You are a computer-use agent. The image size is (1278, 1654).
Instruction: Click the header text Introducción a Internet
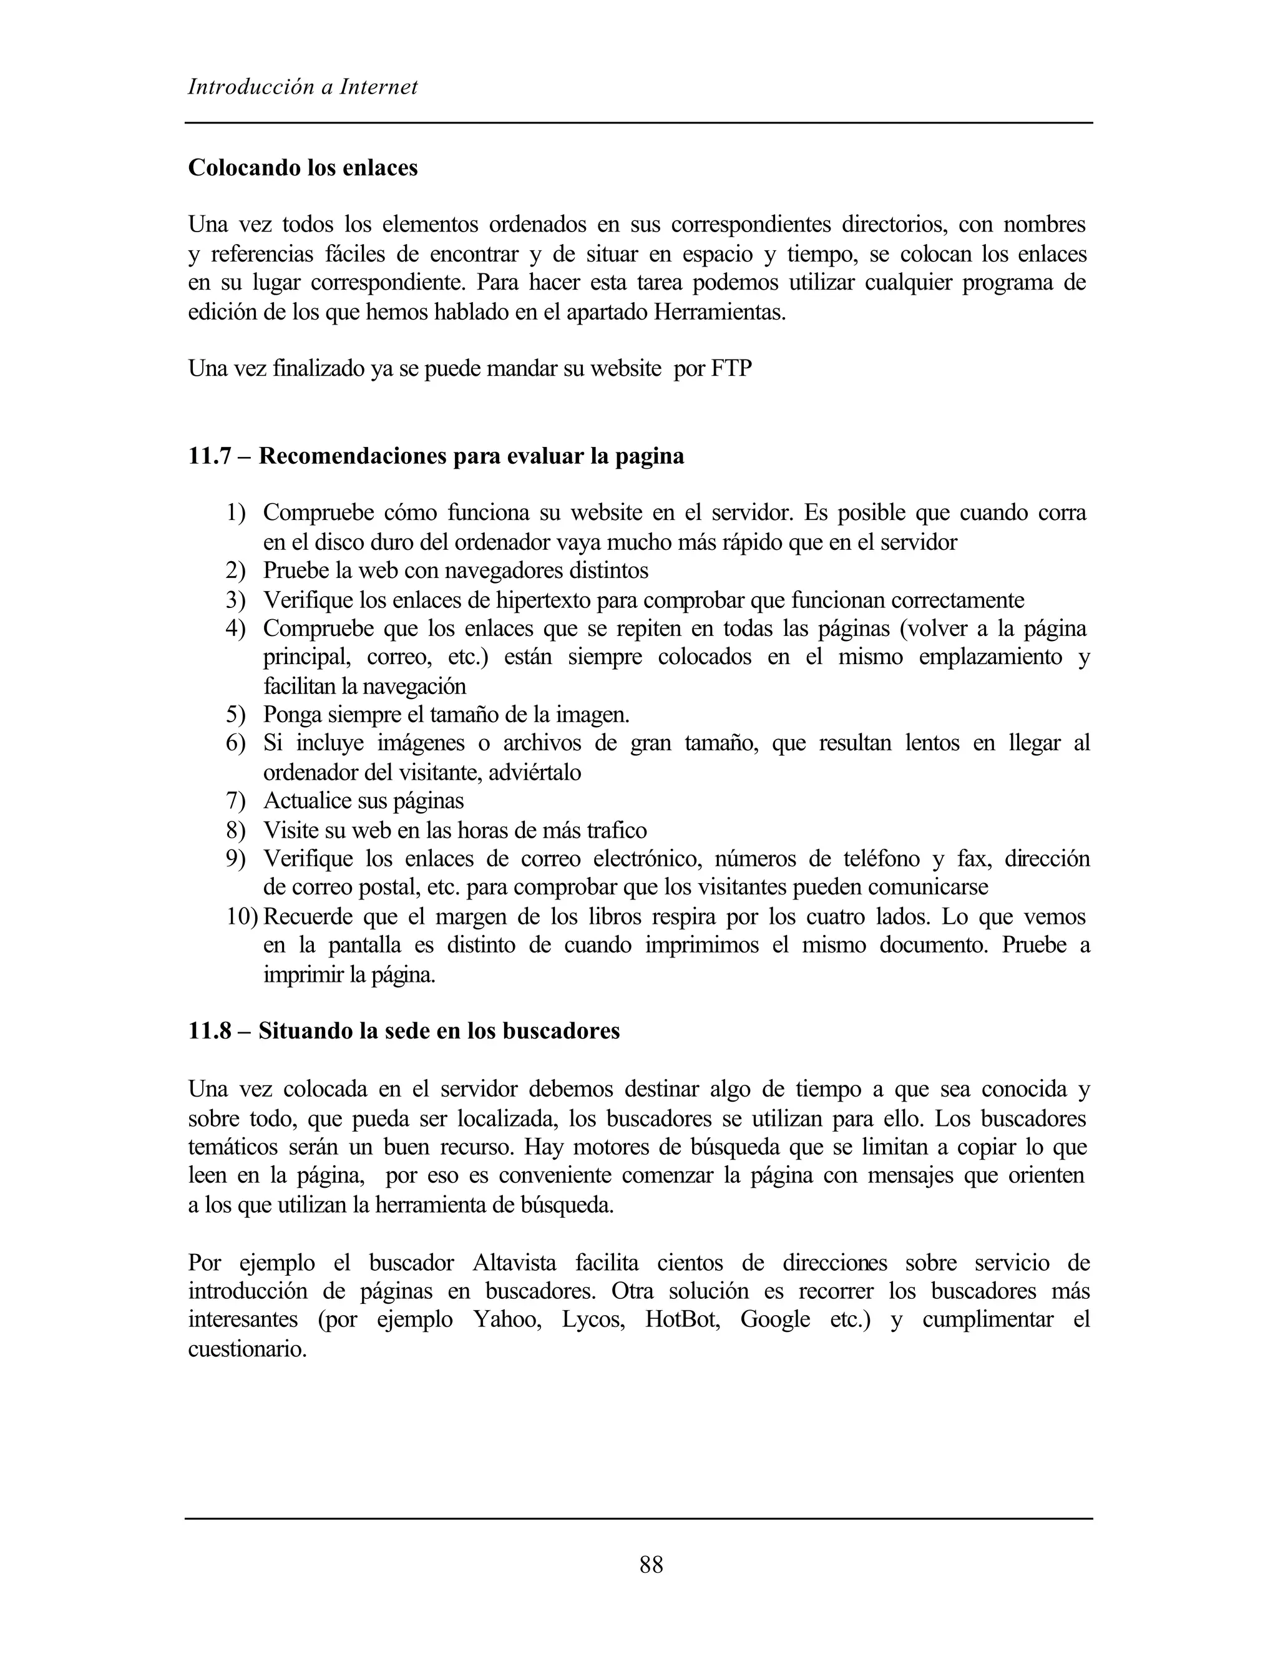click(303, 87)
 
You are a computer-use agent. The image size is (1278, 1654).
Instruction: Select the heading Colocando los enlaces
click(303, 167)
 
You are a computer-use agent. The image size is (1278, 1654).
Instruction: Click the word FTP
click(731, 369)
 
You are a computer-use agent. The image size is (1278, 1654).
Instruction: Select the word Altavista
click(514, 1263)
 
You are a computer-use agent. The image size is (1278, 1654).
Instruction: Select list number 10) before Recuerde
click(241, 917)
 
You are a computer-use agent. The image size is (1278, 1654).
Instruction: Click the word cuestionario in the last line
click(247, 1348)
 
